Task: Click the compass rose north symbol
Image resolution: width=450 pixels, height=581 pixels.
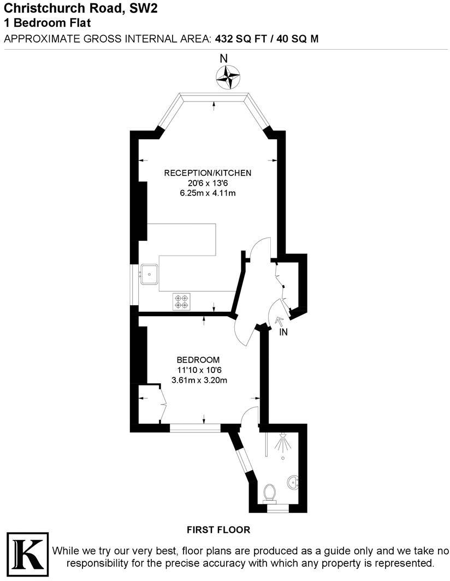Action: point(228,76)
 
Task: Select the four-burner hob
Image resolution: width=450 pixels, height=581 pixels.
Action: point(182,301)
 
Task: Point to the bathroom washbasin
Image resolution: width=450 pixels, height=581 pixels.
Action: point(293,482)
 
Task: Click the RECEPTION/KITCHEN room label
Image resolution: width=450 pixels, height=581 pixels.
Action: point(208,173)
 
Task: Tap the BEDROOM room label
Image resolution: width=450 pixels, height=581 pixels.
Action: point(198,360)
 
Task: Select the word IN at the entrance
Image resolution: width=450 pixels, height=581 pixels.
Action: point(283,333)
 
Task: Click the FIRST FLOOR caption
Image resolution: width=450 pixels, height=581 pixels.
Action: point(218,530)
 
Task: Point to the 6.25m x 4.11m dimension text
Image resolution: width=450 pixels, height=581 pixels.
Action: point(208,193)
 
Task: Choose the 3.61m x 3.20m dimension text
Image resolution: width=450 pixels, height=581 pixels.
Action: point(198,380)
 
